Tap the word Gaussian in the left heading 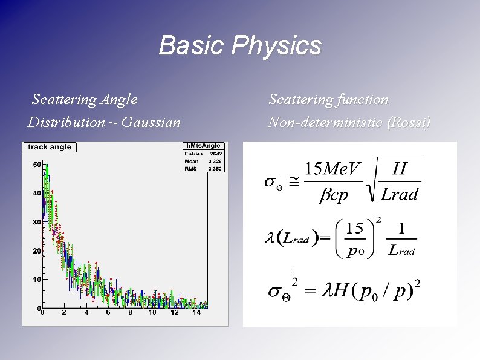[151, 123]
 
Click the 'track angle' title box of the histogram [49, 147]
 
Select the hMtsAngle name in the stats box [203, 146]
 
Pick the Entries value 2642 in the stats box [215, 154]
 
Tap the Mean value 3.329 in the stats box [215, 162]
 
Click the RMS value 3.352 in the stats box [215, 169]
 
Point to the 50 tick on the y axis [36, 165]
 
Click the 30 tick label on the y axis [36, 222]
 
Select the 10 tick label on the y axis [36, 280]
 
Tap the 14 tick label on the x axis [196, 313]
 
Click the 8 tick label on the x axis [130, 313]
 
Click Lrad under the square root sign [400, 194]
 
